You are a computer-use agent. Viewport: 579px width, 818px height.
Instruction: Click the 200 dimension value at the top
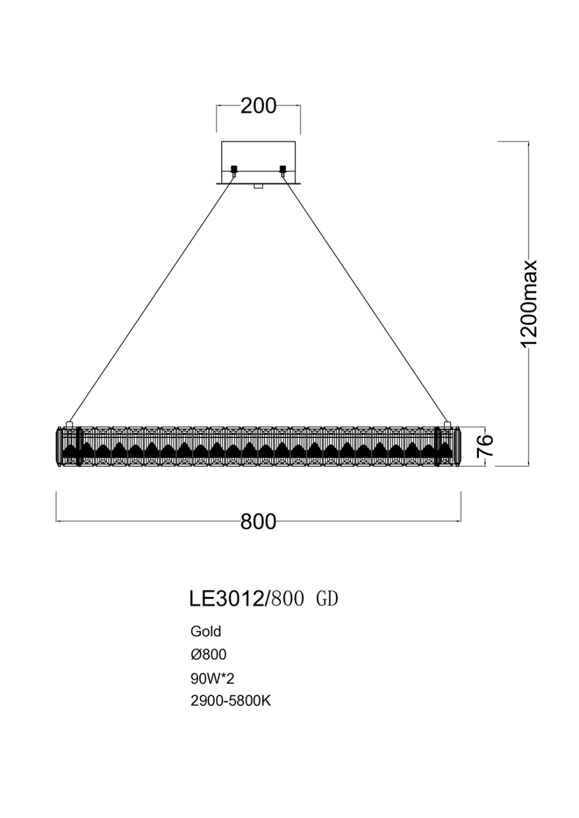click(x=258, y=106)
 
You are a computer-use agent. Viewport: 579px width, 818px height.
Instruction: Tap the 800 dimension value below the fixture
click(x=258, y=522)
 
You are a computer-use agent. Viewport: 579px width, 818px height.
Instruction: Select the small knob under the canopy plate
click(x=258, y=186)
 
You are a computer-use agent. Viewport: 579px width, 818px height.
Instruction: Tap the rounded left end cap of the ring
click(x=60, y=446)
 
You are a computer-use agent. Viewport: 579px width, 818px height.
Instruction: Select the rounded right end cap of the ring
click(x=457, y=446)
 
